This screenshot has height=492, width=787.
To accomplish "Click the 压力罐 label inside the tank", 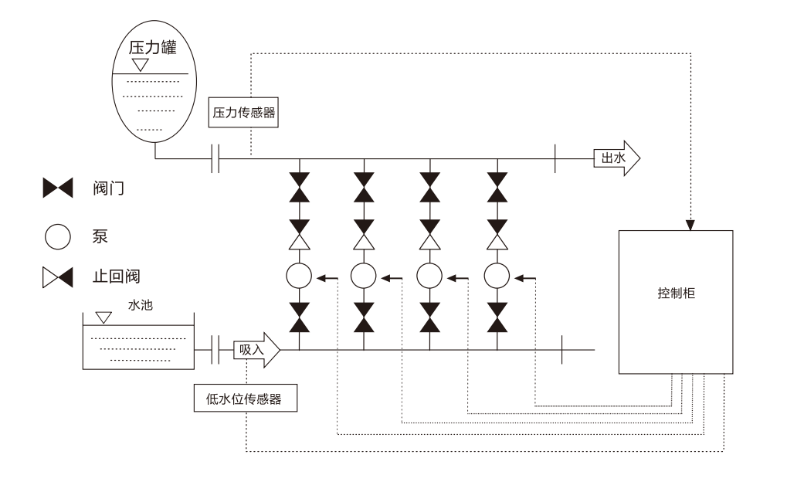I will click(152, 48).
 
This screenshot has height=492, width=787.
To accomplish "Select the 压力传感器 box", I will click(243, 112).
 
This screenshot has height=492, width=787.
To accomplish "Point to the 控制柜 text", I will click(676, 295).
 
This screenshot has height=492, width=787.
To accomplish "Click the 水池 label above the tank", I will click(143, 305).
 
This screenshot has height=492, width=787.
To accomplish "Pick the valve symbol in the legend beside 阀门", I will click(58, 186).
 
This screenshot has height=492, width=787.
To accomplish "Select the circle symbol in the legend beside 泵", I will click(58, 236).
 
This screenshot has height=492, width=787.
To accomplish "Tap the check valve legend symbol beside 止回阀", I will click(58, 276).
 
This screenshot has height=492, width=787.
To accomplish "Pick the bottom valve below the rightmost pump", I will click(497, 317).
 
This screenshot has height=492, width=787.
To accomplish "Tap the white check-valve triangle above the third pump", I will click(430, 242).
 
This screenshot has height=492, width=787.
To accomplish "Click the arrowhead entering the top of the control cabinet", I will click(690, 226).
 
